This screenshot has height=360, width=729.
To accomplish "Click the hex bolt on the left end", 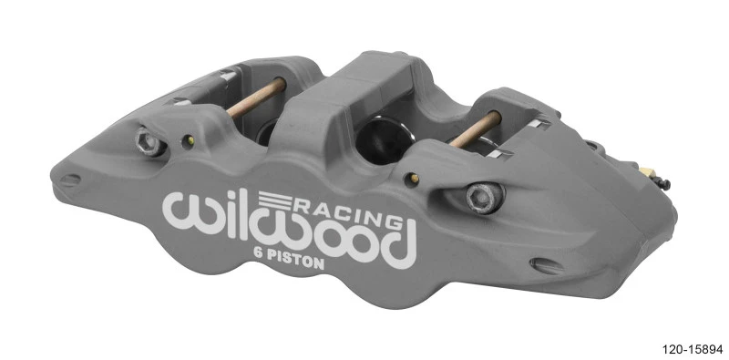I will [147, 140].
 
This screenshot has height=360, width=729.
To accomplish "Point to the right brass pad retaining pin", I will [476, 129].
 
